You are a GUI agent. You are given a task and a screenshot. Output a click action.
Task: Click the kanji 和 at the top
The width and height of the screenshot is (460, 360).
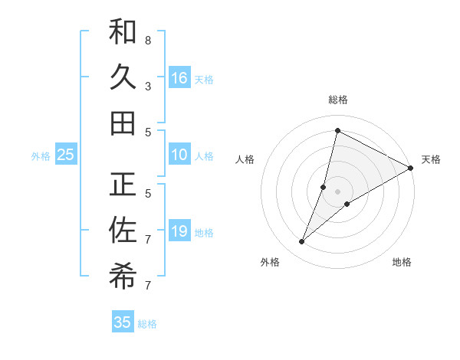(x=123, y=31)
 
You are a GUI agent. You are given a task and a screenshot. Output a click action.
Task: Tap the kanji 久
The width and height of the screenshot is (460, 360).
(x=123, y=77)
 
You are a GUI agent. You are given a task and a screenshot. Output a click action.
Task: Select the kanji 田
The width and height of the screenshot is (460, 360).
(x=123, y=123)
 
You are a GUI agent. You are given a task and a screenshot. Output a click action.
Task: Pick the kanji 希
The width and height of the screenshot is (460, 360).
(x=123, y=278)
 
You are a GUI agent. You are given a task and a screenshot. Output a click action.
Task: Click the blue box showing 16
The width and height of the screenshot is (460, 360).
(x=179, y=78)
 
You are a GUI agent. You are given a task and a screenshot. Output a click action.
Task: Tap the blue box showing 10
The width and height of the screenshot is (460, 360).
(x=179, y=155)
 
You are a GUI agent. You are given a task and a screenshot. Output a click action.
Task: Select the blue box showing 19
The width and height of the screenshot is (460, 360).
(x=179, y=231)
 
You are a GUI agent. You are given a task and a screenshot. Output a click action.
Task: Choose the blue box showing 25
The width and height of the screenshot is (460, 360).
(x=66, y=155)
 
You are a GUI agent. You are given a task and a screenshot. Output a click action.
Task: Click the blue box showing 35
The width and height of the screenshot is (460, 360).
(x=123, y=322)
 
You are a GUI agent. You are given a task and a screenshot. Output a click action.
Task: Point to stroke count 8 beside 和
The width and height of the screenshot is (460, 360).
(x=148, y=41)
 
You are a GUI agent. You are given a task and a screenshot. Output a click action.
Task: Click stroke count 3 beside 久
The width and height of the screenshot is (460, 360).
(x=148, y=87)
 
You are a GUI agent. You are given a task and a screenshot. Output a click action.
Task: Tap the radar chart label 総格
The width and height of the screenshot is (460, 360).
(x=337, y=100)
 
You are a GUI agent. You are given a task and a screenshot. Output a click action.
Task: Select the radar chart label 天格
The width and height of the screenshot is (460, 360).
(x=431, y=159)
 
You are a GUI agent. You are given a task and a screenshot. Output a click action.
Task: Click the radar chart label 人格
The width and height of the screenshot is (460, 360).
(x=245, y=159)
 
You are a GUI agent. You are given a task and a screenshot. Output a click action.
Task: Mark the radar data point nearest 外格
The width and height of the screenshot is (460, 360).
(x=301, y=242)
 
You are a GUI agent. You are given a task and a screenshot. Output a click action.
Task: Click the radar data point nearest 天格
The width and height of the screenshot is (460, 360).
(x=411, y=168)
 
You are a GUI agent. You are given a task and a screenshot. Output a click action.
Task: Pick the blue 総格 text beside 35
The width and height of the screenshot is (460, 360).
(x=147, y=324)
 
